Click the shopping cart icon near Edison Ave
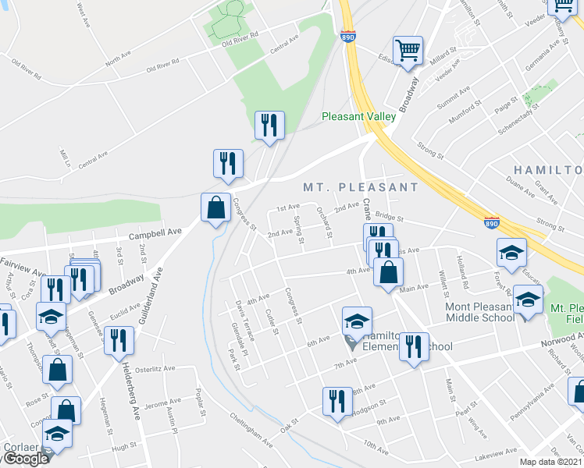click(x=408, y=51)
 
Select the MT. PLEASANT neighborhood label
click(x=361, y=187)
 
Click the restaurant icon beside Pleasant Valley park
click(x=269, y=126)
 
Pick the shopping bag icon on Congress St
click(x=216, y=208)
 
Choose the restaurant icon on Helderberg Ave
click(x=119, y=341)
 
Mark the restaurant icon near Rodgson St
click(x=337, y=402)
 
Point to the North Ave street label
click(x=118, y=59)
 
